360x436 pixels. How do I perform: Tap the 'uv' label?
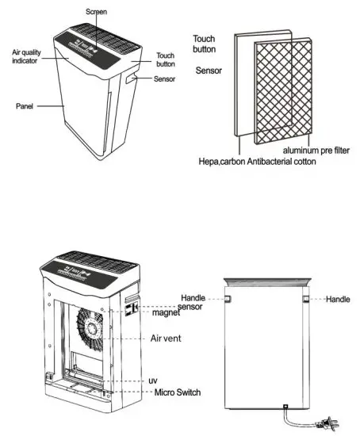point(154,381)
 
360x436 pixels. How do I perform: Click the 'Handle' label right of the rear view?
point(338,300)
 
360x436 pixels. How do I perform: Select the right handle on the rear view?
point(304,300)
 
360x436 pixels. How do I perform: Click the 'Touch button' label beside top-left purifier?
point(165,60)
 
